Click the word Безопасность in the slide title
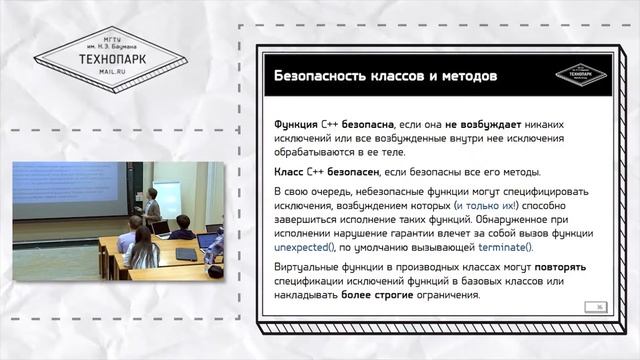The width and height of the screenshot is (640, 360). click(318, 77)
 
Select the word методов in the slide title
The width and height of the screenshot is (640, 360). click(461, 77)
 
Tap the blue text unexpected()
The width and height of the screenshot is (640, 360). click(309, 246)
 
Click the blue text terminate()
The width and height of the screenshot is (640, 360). click(506, 246)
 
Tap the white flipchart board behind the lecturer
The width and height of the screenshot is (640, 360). click(168, 197)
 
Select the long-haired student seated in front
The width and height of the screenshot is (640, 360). click(140, 249)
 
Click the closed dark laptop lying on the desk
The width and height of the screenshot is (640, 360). click(185, 254)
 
